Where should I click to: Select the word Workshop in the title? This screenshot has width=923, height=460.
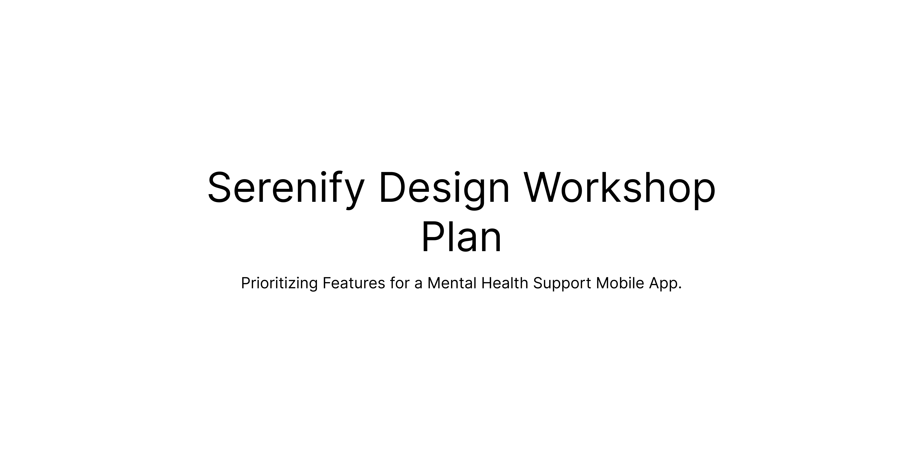pos(620,188)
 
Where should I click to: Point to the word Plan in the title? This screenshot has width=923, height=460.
pos(461,237)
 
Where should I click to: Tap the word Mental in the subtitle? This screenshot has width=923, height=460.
pos(452,283)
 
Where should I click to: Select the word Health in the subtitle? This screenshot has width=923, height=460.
pos(504,283)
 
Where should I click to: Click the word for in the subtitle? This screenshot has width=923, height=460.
pos(400,283)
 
